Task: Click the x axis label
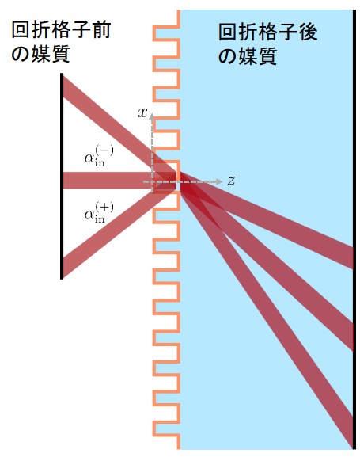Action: click(x=142, y=112)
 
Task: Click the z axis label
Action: click(x=231, y=181)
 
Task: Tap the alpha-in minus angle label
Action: click(x=99, y=156)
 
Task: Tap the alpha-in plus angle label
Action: click(x=99, y=212)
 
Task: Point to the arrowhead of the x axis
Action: click(x=152, y=116)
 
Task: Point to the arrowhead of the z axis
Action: click(x=220, y=181)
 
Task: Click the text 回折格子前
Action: click(x=61, y=29)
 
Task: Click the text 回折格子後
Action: click(x=268, y=32)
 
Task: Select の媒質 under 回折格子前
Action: click(x=41, y=53)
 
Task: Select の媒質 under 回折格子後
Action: click(x=248, y=56)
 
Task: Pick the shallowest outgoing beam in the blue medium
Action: click(x=267, y=220)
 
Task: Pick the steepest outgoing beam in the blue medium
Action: click(x=267, y=314)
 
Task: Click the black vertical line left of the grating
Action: click(x=62, y=176)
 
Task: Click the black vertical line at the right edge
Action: click(x=354, y=230)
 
